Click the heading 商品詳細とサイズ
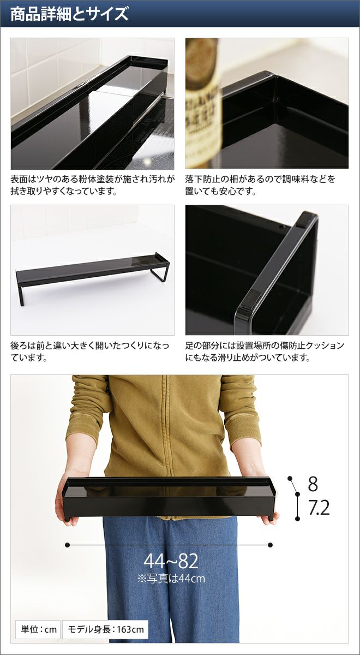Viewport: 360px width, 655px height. pos(70,14)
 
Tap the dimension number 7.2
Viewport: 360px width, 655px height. pos(319,508)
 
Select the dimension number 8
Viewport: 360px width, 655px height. pos(313,484)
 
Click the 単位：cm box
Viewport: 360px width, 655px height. pos(38,629)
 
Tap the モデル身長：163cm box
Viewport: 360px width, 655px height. pos(105,629)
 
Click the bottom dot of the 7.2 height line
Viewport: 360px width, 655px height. pos(297,519)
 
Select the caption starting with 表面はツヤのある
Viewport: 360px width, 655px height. pos(93,185)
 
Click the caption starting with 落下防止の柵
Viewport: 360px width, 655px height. pos(260,185)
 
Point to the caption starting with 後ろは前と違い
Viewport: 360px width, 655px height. pos(89,351)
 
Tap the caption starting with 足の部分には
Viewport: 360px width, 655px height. pos(265,351)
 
